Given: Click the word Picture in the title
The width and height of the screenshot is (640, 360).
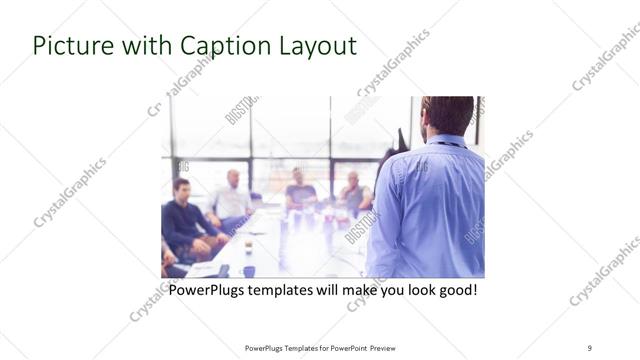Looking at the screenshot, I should tap(69, 46).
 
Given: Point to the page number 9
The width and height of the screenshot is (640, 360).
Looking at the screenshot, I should tap(589, 347).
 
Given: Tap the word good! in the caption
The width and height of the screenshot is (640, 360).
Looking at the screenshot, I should tap(455, 290).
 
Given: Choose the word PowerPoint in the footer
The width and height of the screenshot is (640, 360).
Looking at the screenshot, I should tap(344, 348).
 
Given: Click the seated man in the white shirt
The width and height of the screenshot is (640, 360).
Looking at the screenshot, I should tap(232, 199).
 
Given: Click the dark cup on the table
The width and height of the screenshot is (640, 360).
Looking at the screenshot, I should tap(248, 270).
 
